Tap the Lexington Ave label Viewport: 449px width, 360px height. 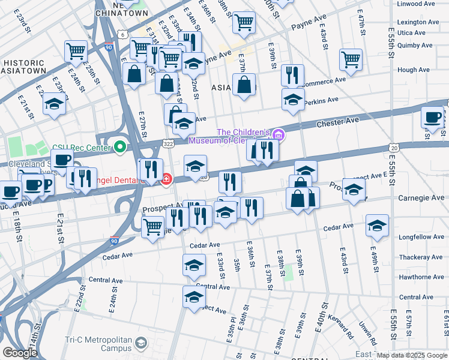pos(415,22)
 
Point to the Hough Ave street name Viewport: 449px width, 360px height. pos(414,70)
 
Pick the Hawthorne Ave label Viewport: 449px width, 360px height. pos(421,277)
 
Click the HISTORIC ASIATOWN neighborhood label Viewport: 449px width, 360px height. pos(25,67)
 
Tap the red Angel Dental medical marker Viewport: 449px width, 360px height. pos(166,178)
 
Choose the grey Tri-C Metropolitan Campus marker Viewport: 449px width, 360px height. pos(140,343)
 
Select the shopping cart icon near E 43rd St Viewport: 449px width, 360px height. pos(351,59)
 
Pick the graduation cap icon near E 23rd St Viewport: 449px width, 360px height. pos(54,104)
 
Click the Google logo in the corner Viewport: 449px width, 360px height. pos(20,353)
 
